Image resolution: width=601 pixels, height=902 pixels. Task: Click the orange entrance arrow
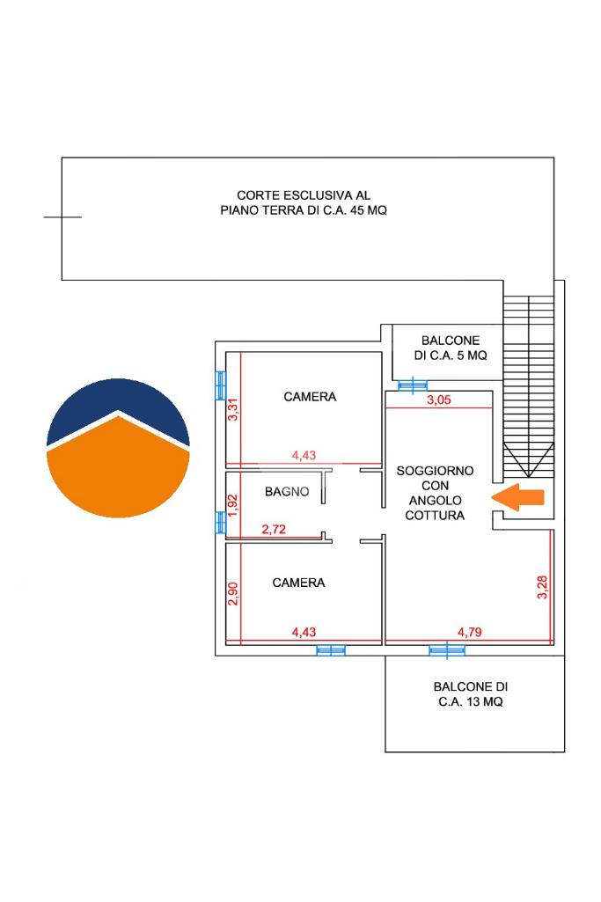point(517,497)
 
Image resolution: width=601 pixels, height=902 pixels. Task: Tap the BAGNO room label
point(287,492)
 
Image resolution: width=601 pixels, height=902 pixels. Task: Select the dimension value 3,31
point(233,409)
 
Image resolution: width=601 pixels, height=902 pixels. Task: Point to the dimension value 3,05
point(439,400)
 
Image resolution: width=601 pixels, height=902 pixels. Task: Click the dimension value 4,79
point(469,632)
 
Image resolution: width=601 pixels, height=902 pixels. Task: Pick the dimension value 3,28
point(542,587)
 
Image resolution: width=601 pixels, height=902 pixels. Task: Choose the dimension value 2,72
point(274,529)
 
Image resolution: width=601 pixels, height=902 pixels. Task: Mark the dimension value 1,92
point(232,506)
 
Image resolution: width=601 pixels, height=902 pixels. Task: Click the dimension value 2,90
point(232,594)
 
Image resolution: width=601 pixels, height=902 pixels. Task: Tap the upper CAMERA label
point(310,397)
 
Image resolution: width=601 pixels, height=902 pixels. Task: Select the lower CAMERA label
point(298,583)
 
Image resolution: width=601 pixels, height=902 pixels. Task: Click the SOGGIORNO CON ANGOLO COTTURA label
point(435,493)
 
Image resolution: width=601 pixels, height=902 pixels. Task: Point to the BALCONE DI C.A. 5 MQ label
point(451,348)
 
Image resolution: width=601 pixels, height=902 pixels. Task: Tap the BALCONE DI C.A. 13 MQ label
point(471,693)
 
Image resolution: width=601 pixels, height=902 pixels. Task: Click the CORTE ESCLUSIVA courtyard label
point(304,203)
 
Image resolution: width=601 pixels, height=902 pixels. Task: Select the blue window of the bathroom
point(220,523)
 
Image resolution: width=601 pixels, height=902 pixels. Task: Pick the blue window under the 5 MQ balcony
point(413,385)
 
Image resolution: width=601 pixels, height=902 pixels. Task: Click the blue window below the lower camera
point(331,650)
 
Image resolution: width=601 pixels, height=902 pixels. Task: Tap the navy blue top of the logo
point(118,403)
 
